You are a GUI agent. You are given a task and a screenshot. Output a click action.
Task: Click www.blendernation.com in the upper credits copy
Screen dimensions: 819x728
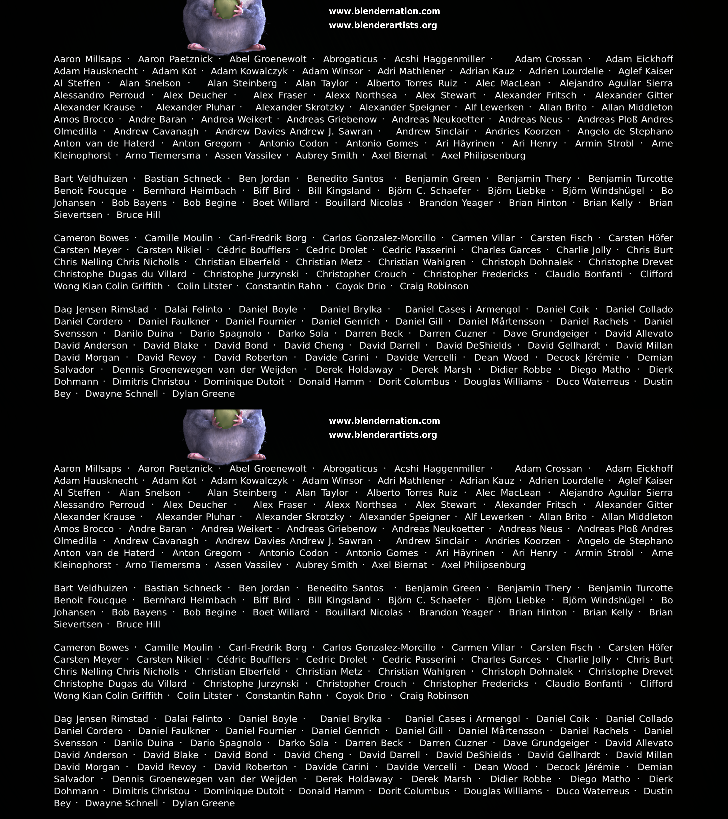[384, 11]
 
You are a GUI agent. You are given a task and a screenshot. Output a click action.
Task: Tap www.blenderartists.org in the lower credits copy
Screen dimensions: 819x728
[383, 435]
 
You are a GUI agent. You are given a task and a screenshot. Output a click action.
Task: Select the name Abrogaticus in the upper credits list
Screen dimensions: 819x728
[350, 59]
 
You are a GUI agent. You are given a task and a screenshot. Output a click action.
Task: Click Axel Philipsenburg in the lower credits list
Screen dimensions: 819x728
[483, 565]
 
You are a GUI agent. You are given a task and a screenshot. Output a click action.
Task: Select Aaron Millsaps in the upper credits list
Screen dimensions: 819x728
[87, 59]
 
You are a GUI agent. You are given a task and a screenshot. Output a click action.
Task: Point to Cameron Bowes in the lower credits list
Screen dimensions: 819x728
[91, 648]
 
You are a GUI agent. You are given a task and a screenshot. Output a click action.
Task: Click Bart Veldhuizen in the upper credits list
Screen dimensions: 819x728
[91, 179]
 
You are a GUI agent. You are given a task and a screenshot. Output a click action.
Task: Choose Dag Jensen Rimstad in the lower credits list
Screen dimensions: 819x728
[101, 719]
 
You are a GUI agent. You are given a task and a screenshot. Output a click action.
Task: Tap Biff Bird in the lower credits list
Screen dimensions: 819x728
[272, 600]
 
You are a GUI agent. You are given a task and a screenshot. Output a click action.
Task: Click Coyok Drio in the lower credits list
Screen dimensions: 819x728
[361, 696]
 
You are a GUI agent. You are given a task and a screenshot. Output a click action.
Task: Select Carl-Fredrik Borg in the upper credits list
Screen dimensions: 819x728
[268, 238]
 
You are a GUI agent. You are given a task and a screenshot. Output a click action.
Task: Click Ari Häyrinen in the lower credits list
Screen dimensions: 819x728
[465, 553]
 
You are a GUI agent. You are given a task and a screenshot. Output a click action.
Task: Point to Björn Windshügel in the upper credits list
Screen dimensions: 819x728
[603, 191]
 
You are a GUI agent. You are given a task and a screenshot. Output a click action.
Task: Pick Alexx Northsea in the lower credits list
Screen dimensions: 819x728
[361, 505]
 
